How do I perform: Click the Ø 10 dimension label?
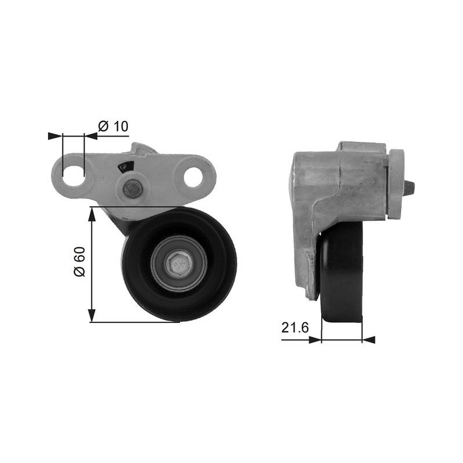pos(113,126)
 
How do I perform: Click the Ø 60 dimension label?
pos(79,262)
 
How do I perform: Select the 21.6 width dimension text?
pos(295,328)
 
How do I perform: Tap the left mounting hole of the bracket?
pos(74,176)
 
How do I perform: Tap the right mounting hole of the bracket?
pos(193,177)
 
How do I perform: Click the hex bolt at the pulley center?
pos(179,263)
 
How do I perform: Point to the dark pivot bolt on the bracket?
pos(133,189)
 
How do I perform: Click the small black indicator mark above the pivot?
pos(126,167)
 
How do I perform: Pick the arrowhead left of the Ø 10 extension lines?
pos(55,136)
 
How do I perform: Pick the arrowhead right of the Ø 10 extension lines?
pos(91,136)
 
